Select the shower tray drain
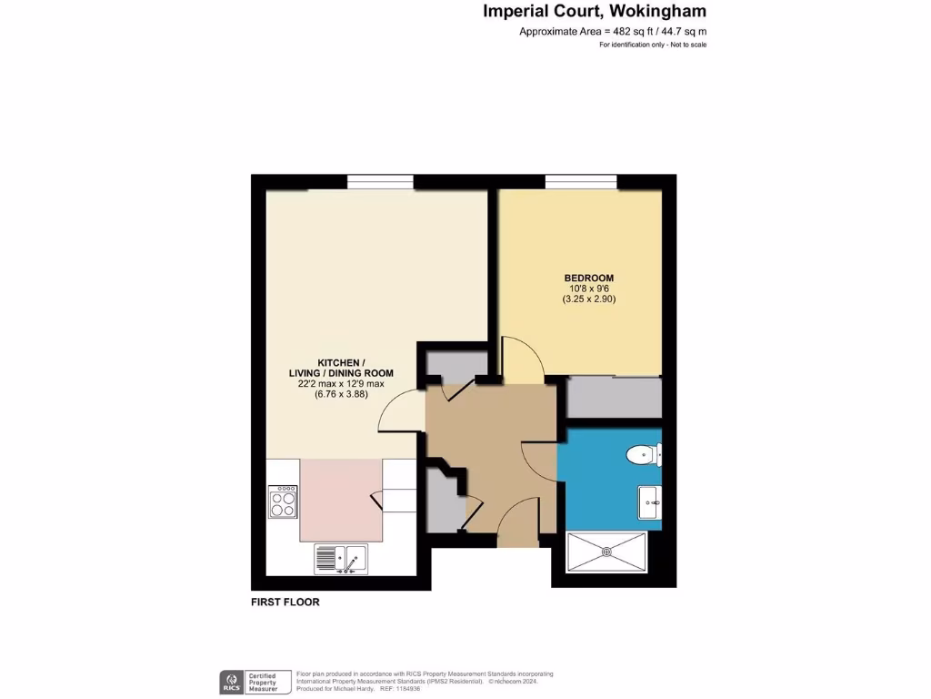pos(606,551)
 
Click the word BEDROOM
pos(589,279)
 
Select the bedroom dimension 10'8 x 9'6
pos(589,289)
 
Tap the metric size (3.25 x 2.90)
pos(589,299)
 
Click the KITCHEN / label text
pos(335,361)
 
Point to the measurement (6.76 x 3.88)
pos(335,395)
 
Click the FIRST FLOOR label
pos(285,603)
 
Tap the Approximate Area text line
pos(612,32)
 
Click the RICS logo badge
pos(232,682)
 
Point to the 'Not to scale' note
pos(687,45)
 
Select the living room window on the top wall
pos(380,182)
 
